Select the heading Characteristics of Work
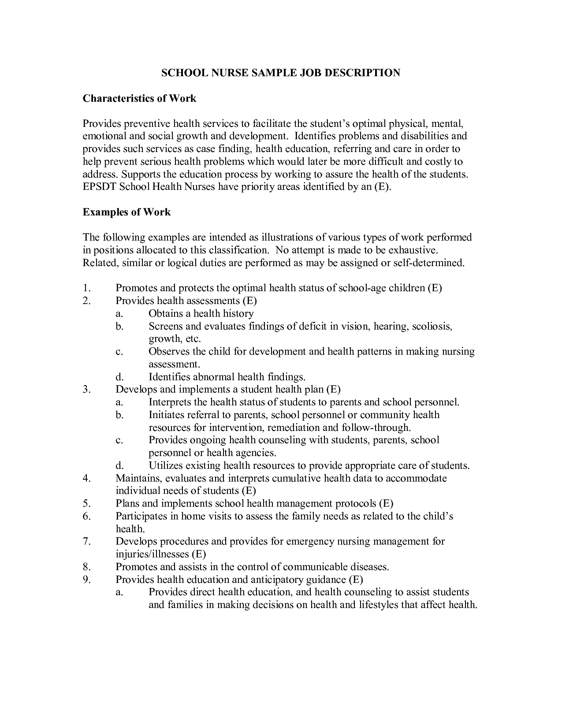139,98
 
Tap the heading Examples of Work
127,212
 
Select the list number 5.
86,503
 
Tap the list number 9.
86,579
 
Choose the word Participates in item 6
141,516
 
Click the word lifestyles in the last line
376,605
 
